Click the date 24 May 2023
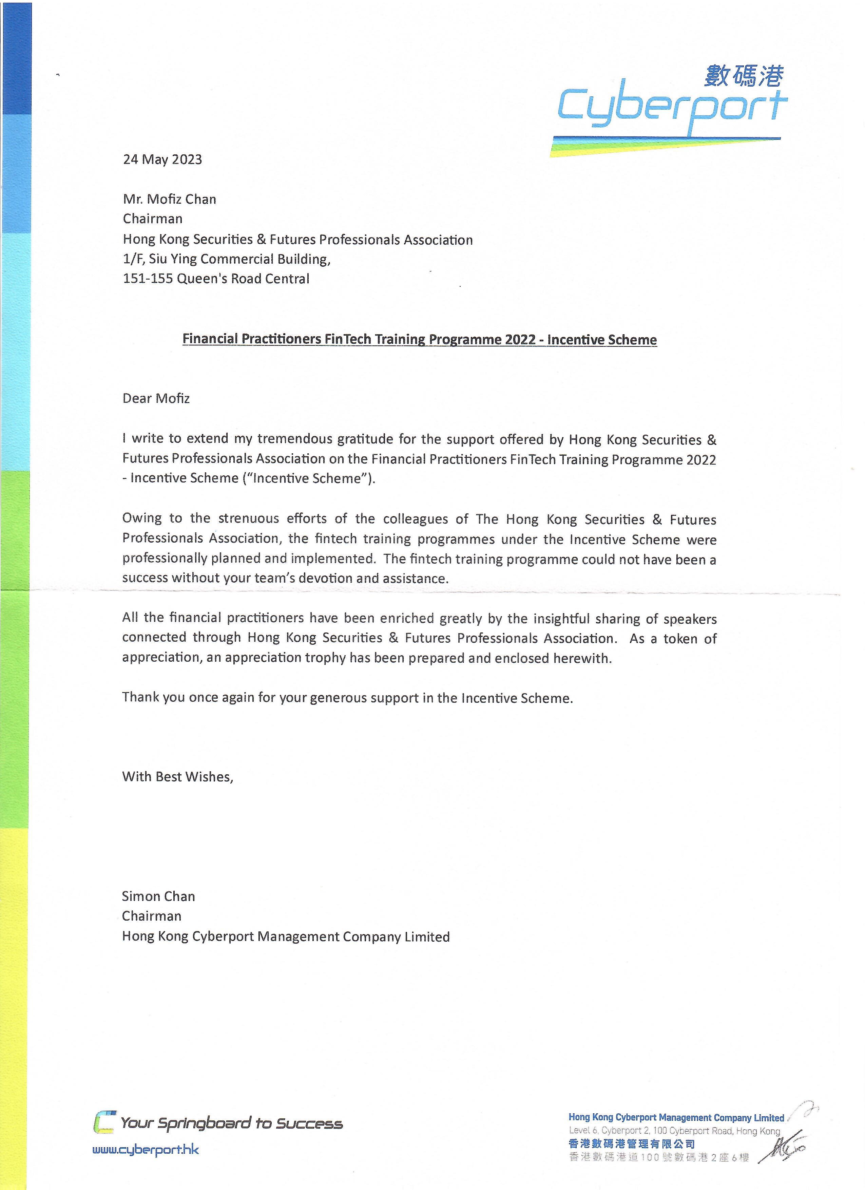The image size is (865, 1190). tap(162, 159)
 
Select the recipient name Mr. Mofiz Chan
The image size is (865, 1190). tap(169, 200)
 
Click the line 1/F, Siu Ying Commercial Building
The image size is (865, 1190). tap(227, 259)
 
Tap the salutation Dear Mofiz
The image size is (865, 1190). tap(156, 398)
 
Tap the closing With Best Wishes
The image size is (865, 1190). tap(177, 777)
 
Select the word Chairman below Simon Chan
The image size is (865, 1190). tap(152, 916)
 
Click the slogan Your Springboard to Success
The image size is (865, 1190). tap(231, 1123)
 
